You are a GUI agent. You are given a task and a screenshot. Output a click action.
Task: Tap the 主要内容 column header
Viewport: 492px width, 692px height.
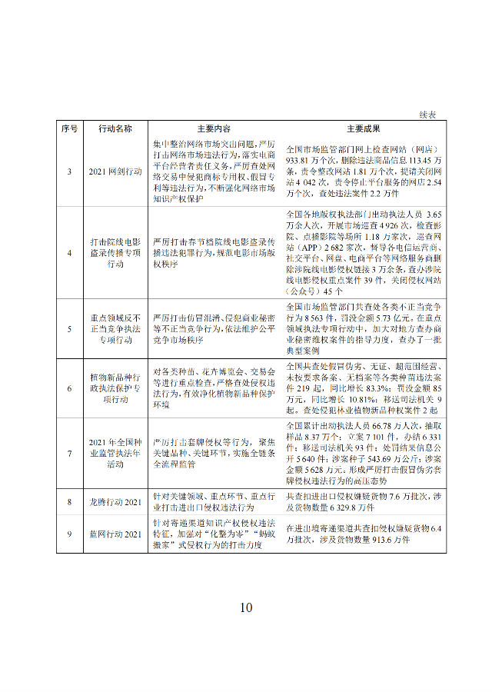pyautogui.click(x=203, y=128)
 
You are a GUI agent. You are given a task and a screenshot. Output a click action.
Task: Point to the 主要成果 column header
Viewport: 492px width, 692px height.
pyautogui.click(x=359, y=128)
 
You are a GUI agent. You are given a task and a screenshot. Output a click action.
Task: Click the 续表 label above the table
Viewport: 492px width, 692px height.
pyautogui.click(x=427, y=114)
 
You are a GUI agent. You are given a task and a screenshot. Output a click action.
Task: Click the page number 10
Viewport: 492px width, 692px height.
pyautogui.click(x=245, y=607)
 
